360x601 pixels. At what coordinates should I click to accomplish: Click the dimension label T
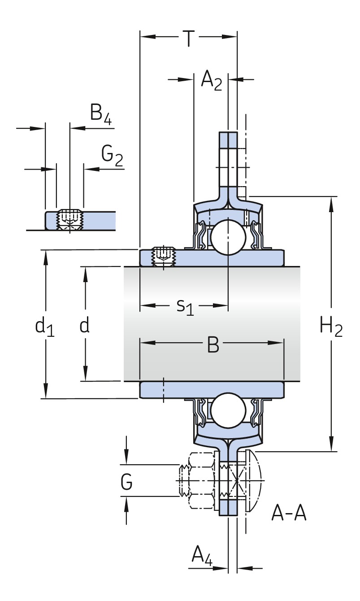[189, 39]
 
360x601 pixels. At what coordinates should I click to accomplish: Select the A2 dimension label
[211, 81]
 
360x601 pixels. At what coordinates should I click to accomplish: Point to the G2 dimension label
[112, 156]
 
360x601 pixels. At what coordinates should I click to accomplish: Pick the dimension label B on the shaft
[213, 344]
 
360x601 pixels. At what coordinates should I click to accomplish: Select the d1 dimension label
[44, 327]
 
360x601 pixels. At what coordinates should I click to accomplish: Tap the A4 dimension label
[202, 556]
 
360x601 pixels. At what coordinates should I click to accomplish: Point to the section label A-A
[289, 513]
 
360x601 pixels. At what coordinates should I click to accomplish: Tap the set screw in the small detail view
[69, 219]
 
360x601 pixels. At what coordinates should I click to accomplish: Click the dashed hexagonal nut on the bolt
[201, 480]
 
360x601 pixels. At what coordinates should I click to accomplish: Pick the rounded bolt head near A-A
[253, 480]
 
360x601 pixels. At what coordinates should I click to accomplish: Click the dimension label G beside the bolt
[127, 483]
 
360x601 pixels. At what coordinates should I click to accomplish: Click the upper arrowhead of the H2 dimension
[332, 203]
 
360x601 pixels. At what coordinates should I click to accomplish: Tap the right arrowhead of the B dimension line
[280, 343]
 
